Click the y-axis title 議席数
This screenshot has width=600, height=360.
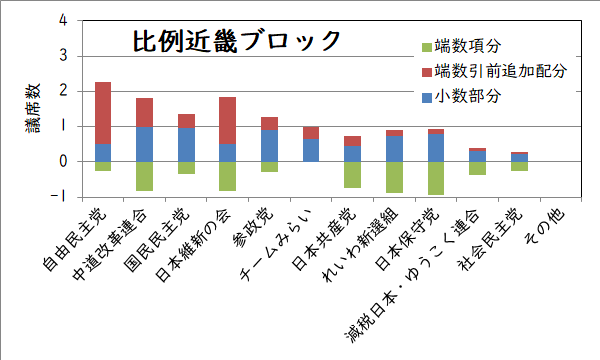tap(32, 109)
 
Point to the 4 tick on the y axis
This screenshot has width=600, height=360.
tap(63, 20)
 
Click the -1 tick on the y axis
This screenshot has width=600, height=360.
tap(61, 197)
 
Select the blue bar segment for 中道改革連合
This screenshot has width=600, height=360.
tap(144, 144)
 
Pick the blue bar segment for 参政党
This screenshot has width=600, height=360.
tap(269, 146)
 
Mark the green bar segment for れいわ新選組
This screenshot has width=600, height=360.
tap(394, 177)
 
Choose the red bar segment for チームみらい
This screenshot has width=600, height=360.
tap(311, 133)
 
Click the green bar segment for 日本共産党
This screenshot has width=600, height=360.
tap(352, 175)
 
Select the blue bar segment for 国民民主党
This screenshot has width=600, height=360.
tap(186, 144)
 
